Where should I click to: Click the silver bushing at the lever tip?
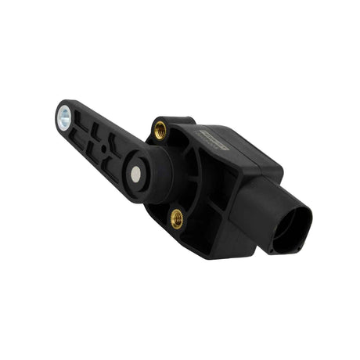coord(63,118)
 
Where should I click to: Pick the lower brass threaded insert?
coord(177,220)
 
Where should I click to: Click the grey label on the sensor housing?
coord(213,146)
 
